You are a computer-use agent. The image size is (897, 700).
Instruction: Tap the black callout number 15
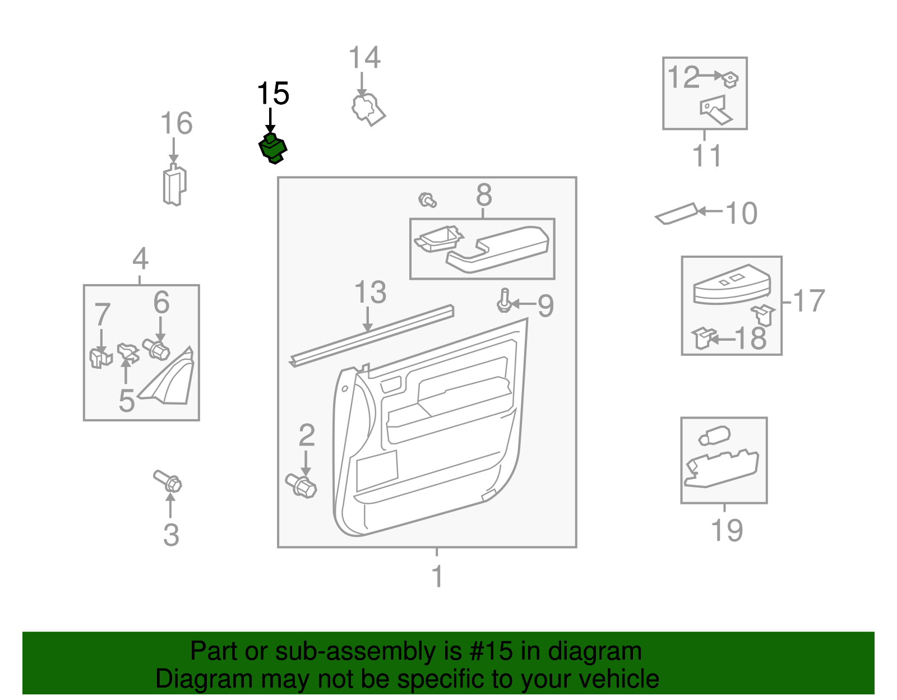coord(273,94)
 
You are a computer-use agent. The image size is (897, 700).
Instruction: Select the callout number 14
coord(364,58)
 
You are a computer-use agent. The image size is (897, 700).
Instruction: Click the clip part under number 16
coord(174,186)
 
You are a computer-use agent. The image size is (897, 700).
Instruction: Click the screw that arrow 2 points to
coord(301,485)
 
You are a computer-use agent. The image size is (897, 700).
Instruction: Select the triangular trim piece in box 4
coord(171,378)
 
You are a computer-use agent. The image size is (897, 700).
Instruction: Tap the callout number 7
coord(102,314)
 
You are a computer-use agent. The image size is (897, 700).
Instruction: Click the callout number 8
coord(484,195)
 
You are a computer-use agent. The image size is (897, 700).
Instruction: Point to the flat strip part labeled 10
coord(677,214)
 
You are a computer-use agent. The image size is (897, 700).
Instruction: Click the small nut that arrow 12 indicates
coord(730,80)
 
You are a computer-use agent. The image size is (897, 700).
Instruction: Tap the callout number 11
coord(706,156)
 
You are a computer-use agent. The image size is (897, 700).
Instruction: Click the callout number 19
coord(727,530)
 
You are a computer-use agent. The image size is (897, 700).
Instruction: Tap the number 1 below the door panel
coord(437,576)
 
